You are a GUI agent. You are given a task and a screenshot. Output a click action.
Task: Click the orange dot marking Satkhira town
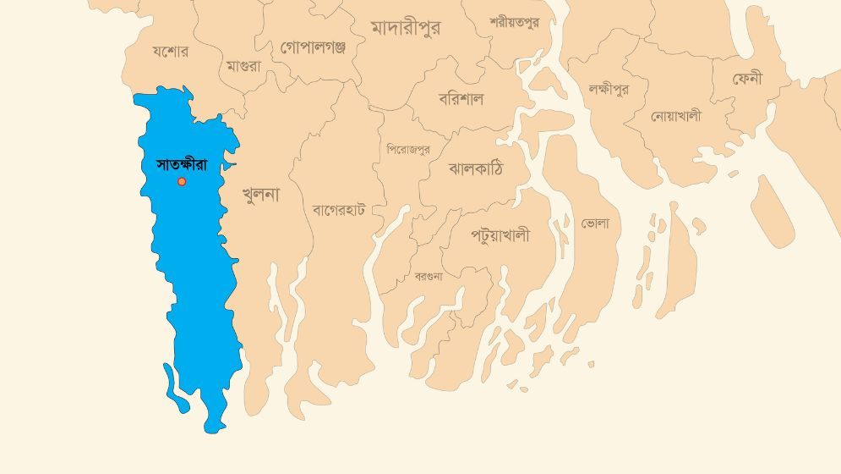coord(182,181)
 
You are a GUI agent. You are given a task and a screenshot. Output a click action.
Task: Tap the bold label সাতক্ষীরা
coord(182,164)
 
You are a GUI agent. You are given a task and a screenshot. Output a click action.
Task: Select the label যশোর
coord(170,52)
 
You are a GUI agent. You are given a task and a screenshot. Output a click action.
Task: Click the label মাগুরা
coord(243,66)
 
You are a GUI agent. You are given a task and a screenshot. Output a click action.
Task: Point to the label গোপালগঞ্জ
coord(313,47)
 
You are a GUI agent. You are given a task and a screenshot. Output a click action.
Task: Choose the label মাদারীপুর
coord(406,28)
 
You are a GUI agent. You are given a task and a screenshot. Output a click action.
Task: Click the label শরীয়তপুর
coord(514,23)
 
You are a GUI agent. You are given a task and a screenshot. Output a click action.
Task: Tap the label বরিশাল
coord(461,98)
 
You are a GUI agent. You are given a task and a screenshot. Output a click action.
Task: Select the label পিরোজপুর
coord(408,149)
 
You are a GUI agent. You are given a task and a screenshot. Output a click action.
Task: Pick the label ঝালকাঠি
coord(475,168)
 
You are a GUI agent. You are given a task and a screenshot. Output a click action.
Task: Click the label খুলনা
coord(260,195)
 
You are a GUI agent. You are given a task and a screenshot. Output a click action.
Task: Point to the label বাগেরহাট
coord(338,209)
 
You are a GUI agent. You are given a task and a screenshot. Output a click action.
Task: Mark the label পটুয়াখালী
coord(500,235)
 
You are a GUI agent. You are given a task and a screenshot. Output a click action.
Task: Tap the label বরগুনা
coord(428,276)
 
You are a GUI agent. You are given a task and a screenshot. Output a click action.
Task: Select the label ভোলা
coord(595,223)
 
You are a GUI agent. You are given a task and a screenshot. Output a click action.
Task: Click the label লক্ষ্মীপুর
coord(609,89)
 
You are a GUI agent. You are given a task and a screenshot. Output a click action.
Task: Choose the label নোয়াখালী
coord(675,116)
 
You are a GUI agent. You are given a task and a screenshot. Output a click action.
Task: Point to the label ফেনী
coord(747,79)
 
